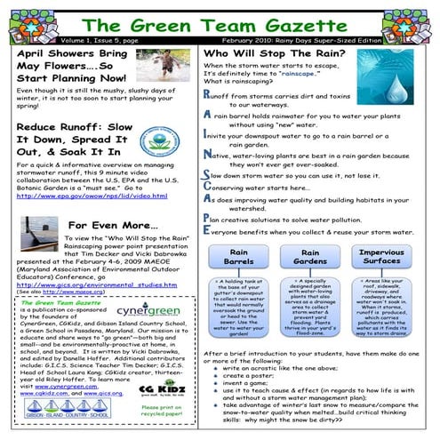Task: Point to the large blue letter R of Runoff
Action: tap(207, 93)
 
